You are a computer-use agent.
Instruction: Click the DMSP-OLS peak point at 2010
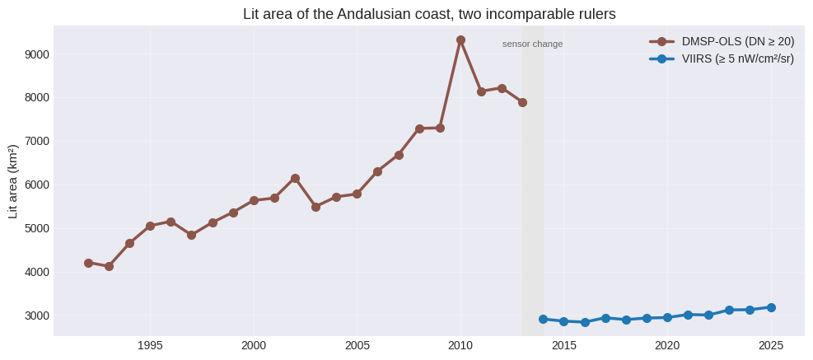[460, 40]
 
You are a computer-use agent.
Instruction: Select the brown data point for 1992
[88, 263]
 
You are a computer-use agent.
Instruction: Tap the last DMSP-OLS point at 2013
[522, 103]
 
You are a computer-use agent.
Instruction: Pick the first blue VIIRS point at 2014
[543, 319]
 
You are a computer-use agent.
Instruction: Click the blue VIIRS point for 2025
[771, 307]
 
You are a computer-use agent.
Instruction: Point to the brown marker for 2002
[295, 179]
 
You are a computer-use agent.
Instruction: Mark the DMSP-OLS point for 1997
[191, 235]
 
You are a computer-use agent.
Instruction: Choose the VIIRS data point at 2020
[667, 317]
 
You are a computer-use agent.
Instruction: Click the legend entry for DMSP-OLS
[722, 42]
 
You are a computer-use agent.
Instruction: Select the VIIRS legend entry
[722, 59]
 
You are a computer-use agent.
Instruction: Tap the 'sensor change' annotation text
[532, 44]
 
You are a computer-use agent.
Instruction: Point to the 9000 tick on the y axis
[37, 54]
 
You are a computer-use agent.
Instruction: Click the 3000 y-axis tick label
[37, 316]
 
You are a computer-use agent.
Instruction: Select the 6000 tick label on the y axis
[37, 185]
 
